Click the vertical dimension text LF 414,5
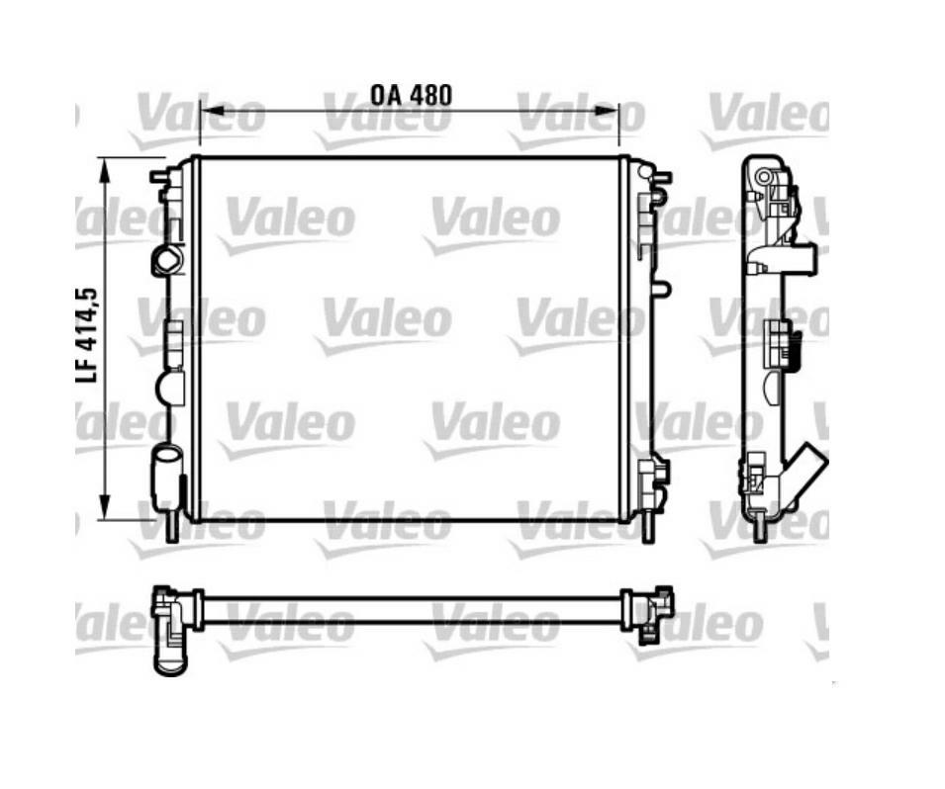coord(88,336)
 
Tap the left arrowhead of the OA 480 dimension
coord(208,110)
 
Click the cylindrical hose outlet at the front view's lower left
coord(167,473)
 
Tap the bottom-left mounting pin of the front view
coord(171,528)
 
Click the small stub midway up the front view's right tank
coord(661,289)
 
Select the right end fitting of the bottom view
coord(648,609)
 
